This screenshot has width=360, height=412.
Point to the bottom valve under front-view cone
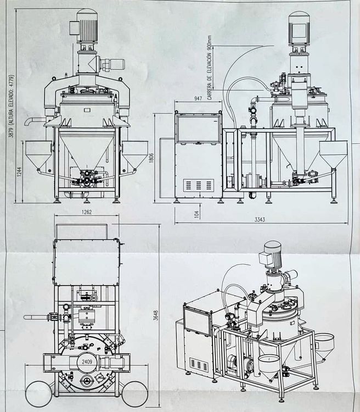(x=87, y=177)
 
